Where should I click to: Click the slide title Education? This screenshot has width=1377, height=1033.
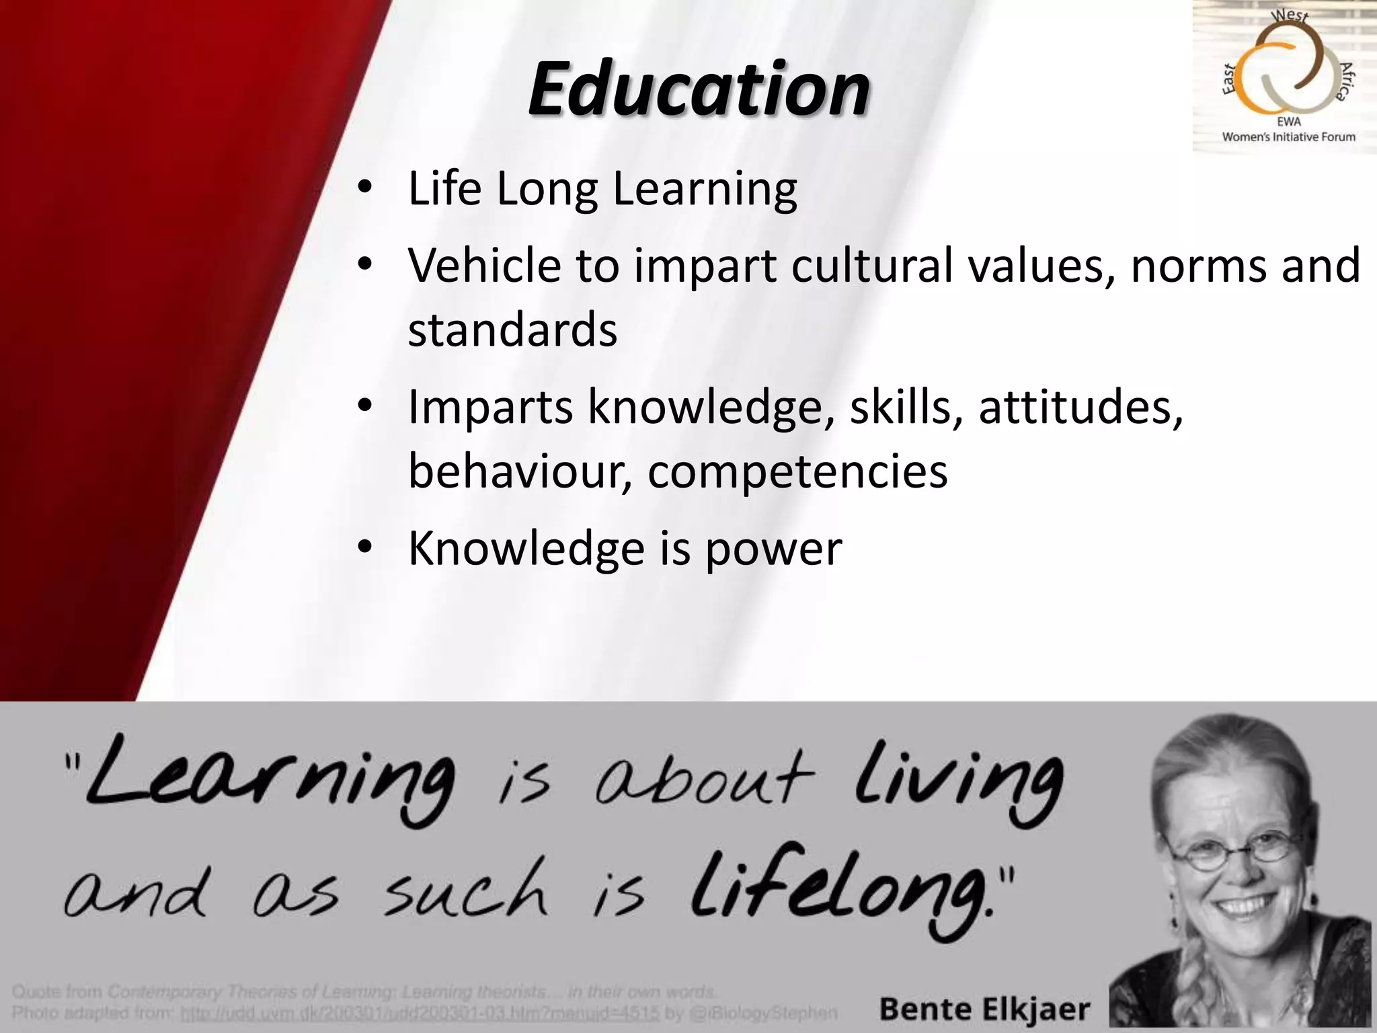699,89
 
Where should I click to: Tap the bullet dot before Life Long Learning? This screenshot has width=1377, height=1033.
364,189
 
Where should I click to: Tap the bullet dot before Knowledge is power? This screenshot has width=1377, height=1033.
364,549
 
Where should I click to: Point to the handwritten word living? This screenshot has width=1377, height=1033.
958,780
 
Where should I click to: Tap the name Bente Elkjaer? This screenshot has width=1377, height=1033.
984,1009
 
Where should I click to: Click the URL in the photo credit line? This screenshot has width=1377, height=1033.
420,1013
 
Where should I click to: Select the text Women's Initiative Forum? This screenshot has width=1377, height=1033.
1288,137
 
